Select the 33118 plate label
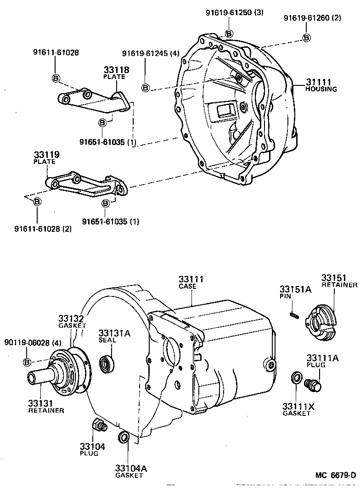[x=116, y=70]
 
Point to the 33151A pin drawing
[x=294, y=315]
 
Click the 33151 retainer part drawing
[x=324, y=321]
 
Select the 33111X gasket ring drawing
[x=297, y=379]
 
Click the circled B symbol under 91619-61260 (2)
[x=306, y=38]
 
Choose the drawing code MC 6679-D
[x=335, y=475]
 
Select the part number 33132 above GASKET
[x=71, y=318]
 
